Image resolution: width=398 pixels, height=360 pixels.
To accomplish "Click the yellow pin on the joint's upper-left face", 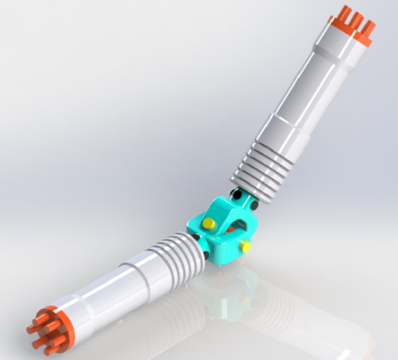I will pyautogui.click(x=208, y=223).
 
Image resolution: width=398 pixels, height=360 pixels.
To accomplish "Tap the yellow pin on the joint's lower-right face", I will pyautogui.click(x=245, y=247).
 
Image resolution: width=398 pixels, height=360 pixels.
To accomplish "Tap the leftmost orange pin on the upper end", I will pyautogui.click(x=344, y=15).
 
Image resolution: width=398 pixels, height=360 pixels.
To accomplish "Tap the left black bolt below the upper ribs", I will pyautogui.click(x=236, y=193).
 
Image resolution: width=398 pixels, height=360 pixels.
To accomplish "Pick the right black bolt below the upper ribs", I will pyautogui.click(x=256, y=206).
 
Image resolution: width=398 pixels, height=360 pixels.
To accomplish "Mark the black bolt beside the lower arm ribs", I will pyautogui.click(x=206, y=254).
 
